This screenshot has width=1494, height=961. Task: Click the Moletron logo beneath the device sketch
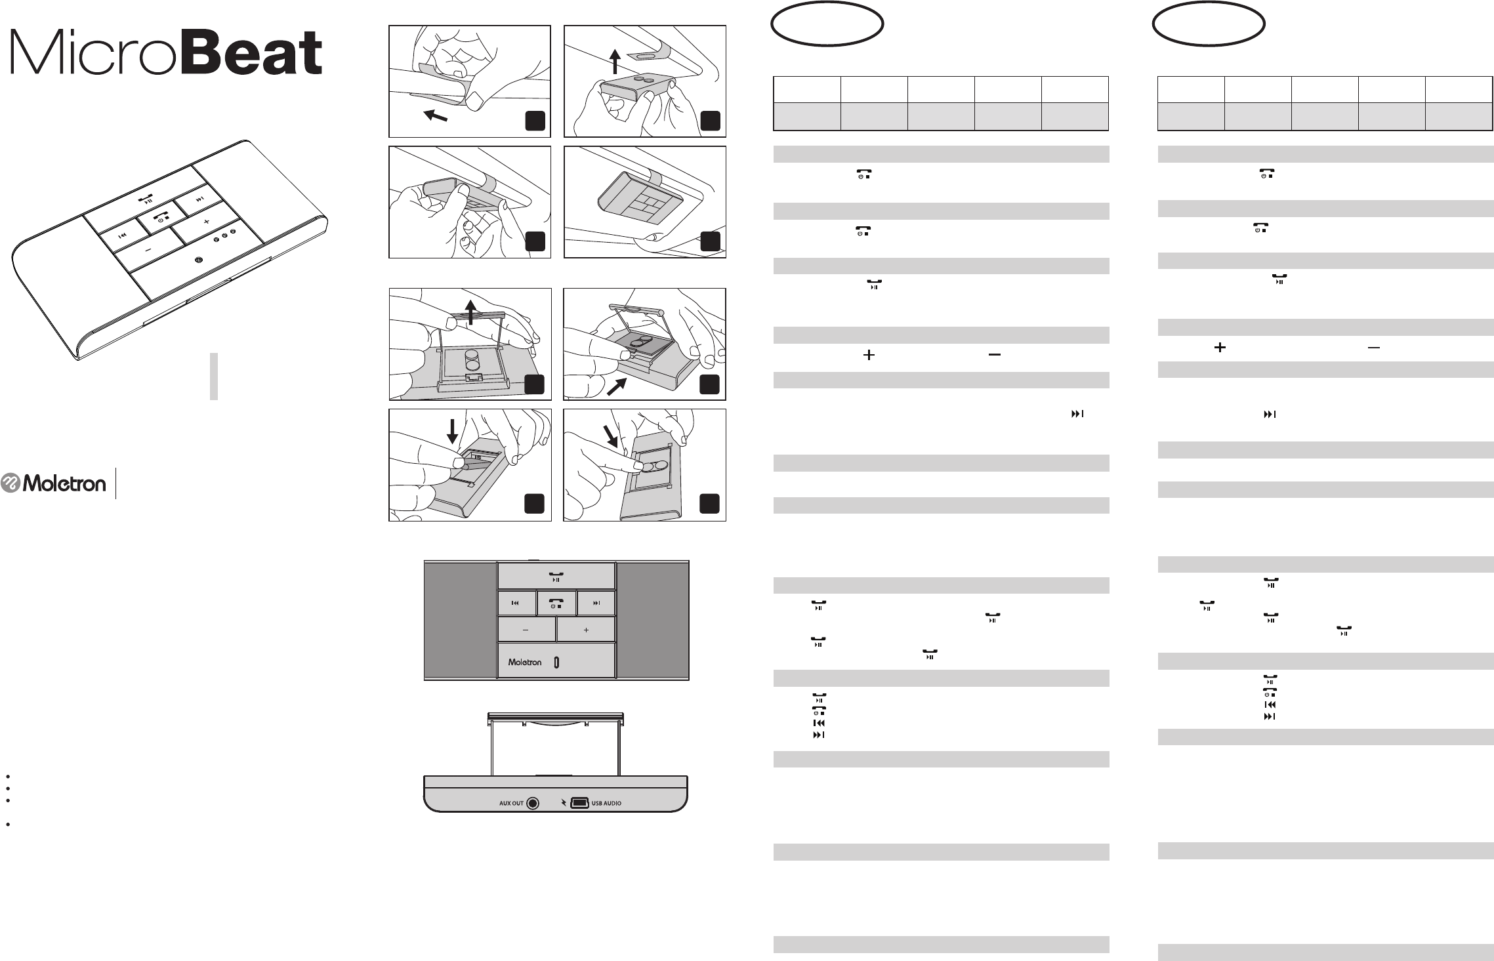[54, 483]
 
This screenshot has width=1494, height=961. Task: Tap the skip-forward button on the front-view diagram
[596, 603]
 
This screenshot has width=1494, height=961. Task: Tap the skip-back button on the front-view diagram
[516, 603]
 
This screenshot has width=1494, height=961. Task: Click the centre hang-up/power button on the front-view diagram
[556, 603]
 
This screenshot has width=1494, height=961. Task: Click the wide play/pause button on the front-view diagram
[556, 576]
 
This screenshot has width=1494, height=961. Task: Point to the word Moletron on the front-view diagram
[525, 662]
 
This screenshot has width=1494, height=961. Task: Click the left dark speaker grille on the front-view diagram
[460, 620]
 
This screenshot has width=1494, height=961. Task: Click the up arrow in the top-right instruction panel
[615, 63]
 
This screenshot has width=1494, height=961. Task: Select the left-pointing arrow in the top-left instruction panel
[436, 116]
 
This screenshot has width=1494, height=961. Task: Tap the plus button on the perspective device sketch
[207, 222]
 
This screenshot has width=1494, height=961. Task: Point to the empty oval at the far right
[1209, 23]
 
